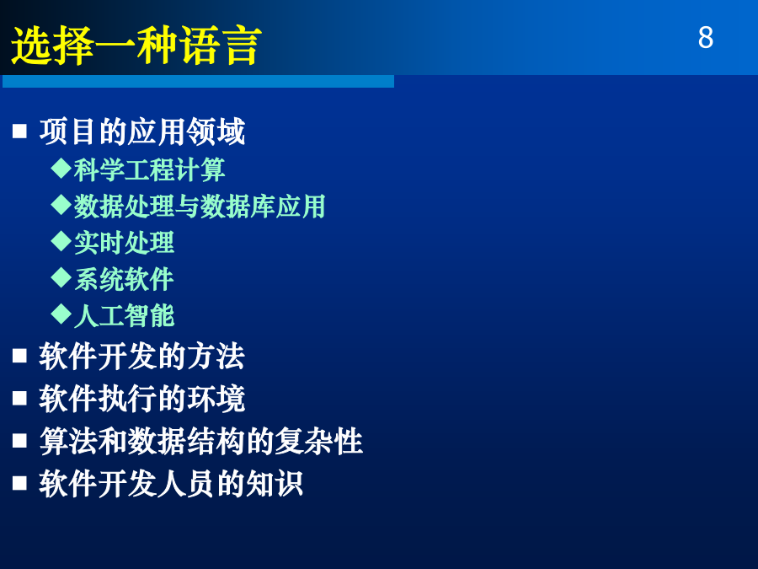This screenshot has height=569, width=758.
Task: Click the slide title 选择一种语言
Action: click(136, 46)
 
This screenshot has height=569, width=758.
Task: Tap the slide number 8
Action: click(705, 37)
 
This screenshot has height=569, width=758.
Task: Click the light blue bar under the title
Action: click(198, 81)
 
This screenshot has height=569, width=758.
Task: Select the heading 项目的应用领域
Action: click(142, 132)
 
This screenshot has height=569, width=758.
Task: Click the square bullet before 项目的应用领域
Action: click(19, 132)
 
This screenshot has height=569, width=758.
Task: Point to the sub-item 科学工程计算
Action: click(149, 169)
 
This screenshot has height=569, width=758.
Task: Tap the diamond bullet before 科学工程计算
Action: click(61, 168)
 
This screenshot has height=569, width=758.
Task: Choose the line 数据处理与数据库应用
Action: click(200, 207)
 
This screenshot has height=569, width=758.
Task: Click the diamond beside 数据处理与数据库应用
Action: click(61, 204)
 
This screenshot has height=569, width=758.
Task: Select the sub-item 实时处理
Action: click(125, 243)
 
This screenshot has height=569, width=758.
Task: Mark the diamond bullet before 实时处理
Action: click(61, 241)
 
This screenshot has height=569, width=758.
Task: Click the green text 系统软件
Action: click(125, 280)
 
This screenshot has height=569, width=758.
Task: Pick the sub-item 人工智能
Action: click(125, 316)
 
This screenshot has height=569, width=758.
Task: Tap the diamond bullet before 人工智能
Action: click(61, 314)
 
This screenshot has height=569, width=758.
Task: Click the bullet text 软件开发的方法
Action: click(142, 357)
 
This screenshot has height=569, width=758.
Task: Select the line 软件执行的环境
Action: click(142, 399)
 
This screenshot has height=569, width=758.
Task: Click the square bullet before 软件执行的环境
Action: click(19, 398)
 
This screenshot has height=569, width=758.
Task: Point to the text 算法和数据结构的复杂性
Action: click(201, 441)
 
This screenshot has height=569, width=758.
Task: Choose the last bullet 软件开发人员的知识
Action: click(171, 483)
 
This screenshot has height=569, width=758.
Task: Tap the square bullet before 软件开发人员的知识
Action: click(19, 483)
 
